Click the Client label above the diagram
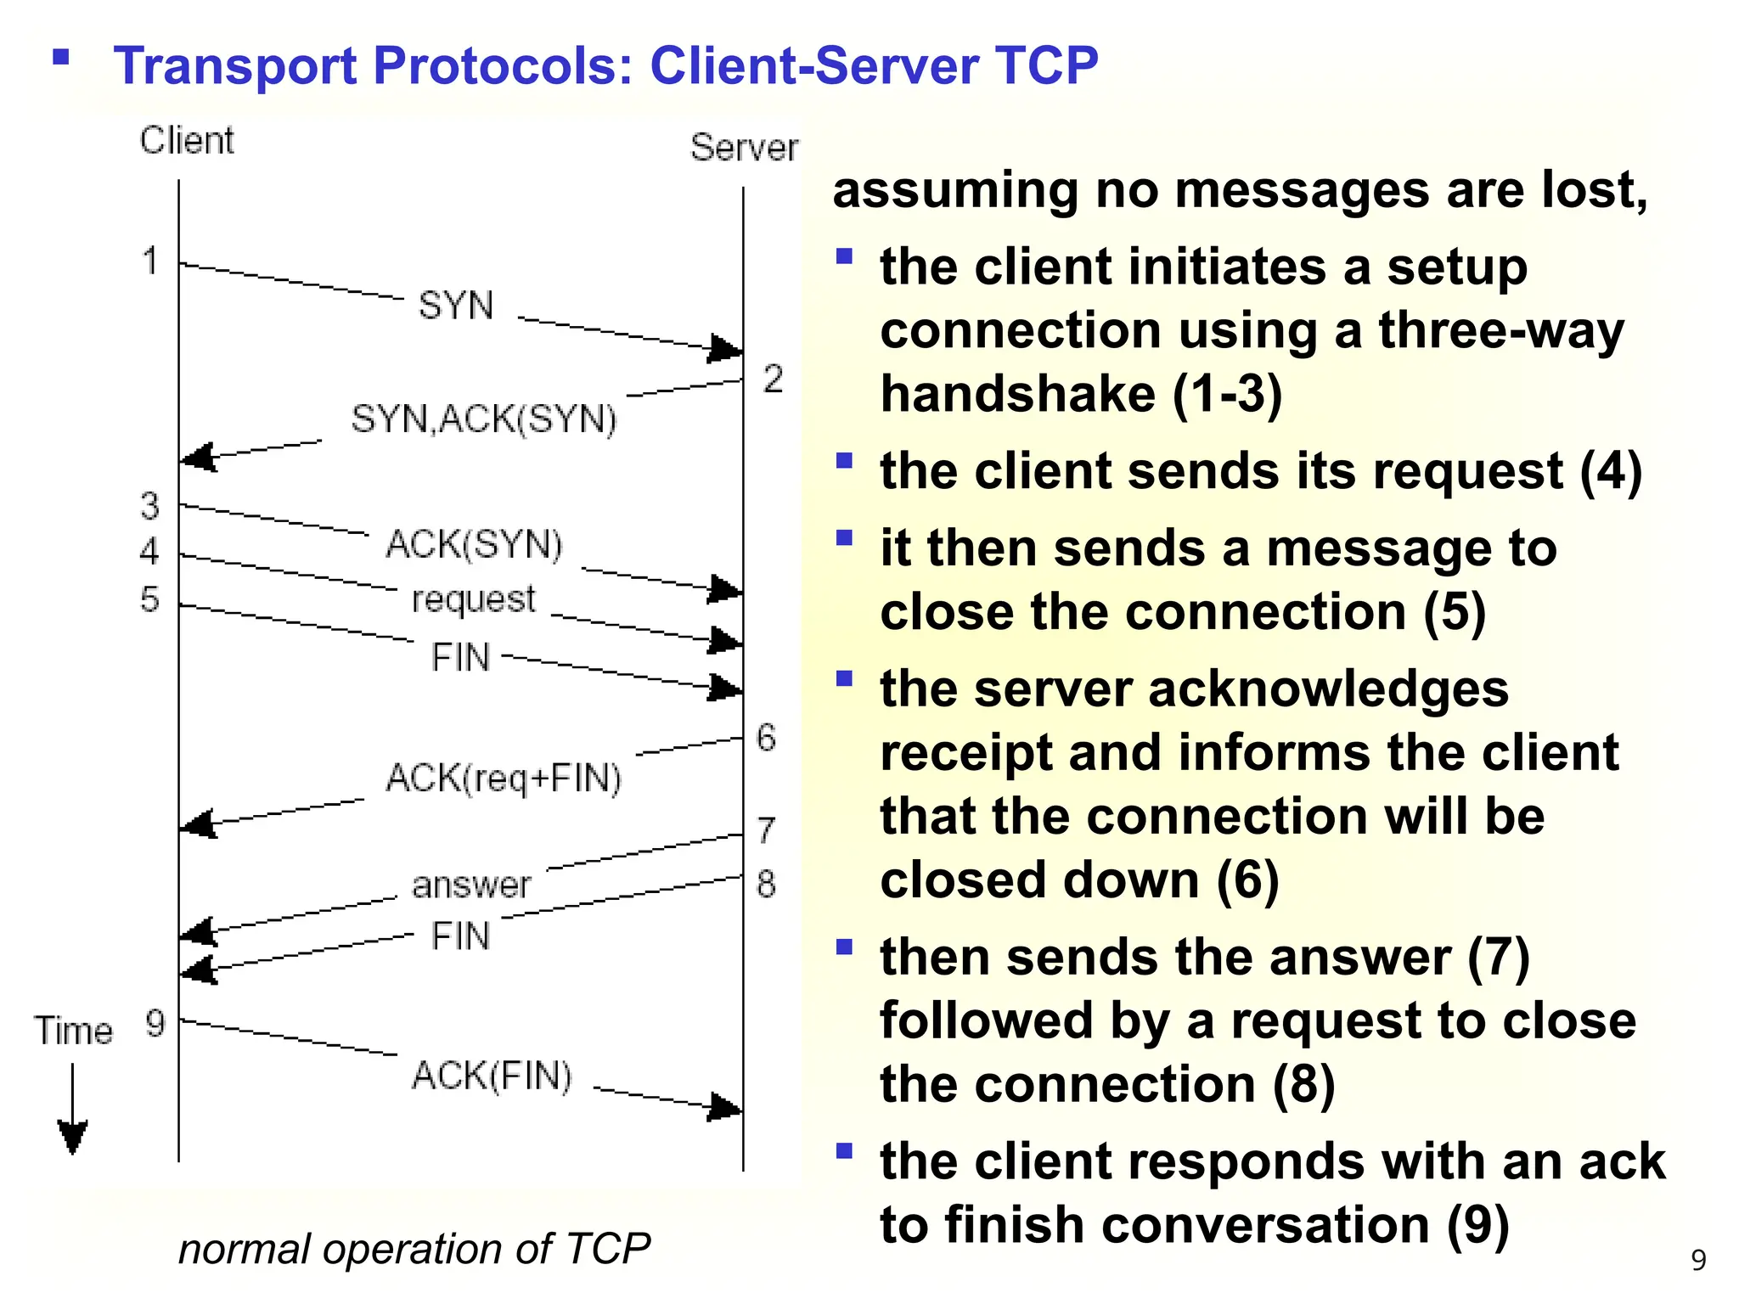click(187, 141)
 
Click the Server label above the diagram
click(744, 149)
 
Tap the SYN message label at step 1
click(456, 306)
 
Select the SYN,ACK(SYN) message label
click(484, 419)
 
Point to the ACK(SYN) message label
click(475, 544)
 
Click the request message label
click(474, 599)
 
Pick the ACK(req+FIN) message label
click(504, 778)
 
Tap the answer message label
click(471, 885)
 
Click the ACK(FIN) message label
click(492, 1076)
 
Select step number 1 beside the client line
click(150, 261)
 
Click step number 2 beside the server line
click(772, 379)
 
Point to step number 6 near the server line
click(766, 737)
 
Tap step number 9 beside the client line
click(155, 1023)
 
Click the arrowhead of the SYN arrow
click(726, 349)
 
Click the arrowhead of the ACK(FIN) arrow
click(725, 1107)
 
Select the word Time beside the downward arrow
click(73, 1031)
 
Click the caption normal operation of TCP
click(414, 1249)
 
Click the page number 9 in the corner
click(1698, 1260)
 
